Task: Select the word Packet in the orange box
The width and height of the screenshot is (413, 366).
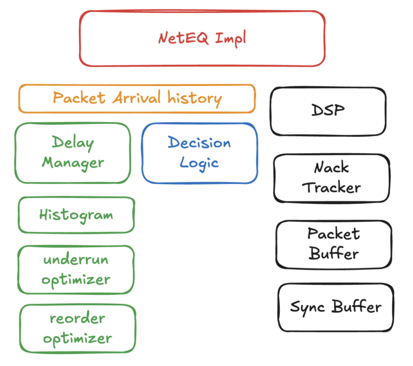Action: [80, 98]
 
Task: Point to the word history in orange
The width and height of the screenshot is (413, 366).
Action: [194, 98]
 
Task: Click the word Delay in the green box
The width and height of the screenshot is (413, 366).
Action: [73, 143]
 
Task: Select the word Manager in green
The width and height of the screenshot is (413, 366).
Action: [73, 163]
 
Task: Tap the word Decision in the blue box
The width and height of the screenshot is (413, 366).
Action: [199, 143]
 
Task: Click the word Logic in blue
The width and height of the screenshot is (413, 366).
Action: [199, 163]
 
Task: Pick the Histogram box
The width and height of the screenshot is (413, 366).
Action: [76, 215]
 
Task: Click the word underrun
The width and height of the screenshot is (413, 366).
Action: [76, 260]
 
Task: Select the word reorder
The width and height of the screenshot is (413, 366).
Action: [77, 318]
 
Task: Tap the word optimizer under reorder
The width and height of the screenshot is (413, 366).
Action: [77, 339]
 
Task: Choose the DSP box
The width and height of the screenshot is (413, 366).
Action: [328, 111]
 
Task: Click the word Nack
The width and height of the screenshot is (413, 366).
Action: [331, 168]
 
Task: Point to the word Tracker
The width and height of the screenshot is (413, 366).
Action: [331, 188]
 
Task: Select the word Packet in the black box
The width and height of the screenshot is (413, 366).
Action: [333, 234]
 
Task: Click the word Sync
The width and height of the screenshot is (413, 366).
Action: [309, 307]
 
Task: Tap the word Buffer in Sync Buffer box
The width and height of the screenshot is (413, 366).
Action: [356, 307]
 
